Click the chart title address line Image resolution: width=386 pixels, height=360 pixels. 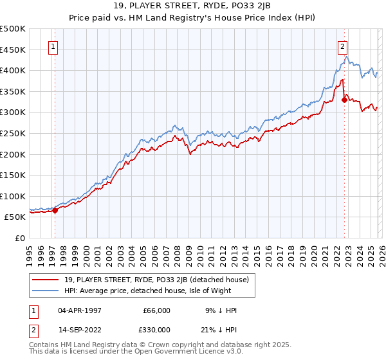click(192, 6)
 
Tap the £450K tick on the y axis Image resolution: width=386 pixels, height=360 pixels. click(13, 50)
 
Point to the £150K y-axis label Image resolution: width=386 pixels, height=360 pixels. click(13, 175)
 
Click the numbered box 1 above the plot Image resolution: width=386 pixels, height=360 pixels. click(52, 46)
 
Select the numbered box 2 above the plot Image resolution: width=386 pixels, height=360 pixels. click(343, 46)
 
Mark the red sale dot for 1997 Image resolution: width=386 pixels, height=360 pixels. click(55, 210)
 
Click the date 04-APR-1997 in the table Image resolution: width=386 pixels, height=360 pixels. click(79, 310)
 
